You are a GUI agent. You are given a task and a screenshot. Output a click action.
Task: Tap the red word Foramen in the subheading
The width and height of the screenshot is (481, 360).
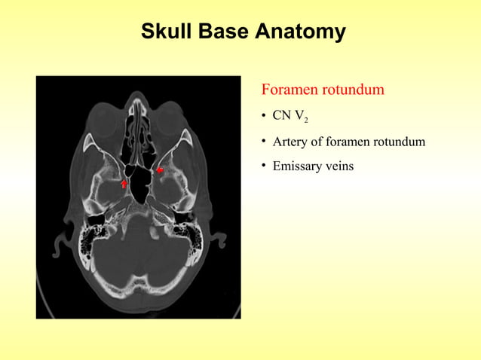(x=290, y=90)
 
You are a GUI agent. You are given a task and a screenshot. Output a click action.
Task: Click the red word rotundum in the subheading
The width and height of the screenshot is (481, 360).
(x=353, y=90)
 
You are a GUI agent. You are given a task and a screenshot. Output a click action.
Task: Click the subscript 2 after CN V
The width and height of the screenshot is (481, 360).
(x=305, y=121)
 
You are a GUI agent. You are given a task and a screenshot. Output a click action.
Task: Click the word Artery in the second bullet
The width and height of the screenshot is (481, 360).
(x=290, y=142)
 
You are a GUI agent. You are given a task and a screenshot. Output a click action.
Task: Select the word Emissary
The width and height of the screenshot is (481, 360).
(x=297, y=165)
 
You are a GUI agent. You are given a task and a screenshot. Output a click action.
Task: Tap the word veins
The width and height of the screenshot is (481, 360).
(x=339, y=165)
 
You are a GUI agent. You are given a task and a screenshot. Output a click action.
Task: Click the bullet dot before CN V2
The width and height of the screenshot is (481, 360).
(x=264, y=117)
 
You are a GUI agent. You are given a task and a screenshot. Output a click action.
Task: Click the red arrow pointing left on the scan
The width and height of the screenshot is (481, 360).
(x=160, y=171)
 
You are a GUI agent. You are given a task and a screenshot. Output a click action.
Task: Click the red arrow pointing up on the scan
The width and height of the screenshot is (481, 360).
(x=124, y=183)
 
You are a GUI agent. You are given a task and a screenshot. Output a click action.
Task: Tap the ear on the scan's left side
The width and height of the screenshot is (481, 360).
(x=58, y=245)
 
